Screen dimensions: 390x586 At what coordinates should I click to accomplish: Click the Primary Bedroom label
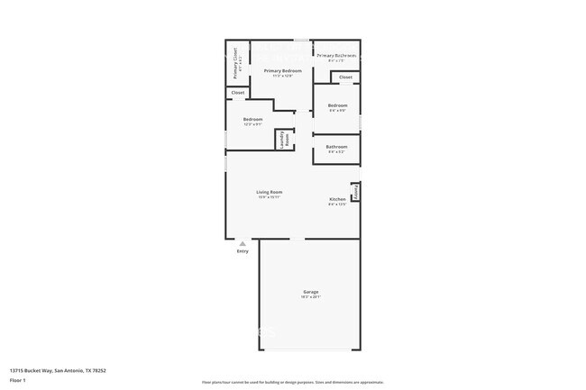tap(282, 70)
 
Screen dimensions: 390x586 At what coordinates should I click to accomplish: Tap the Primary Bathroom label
tap(336, 56)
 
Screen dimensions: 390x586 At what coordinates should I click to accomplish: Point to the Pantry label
tap(356, 192)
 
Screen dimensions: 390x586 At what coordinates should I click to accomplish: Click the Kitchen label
tap(337, 199)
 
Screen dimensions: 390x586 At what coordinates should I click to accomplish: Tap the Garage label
tap(310, 292)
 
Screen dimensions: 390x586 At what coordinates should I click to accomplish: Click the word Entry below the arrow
tap(242, 251)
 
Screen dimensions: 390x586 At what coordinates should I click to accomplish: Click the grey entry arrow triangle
tap(242, 243)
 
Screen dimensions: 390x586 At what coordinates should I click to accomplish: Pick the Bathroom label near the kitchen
tap(336, 146)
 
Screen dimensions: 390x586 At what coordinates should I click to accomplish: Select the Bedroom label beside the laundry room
tap(252, 120)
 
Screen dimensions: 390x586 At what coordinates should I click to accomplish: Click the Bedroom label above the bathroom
tap(337, 105)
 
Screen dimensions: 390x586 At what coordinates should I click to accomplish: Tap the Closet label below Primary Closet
tap(238, 93)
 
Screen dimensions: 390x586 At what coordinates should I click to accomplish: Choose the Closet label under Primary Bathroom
tap(346, 78)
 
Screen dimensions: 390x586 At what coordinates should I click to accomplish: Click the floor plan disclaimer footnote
tap(292, 382)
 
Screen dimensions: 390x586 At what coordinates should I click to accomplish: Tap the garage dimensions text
tap(310, 297)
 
